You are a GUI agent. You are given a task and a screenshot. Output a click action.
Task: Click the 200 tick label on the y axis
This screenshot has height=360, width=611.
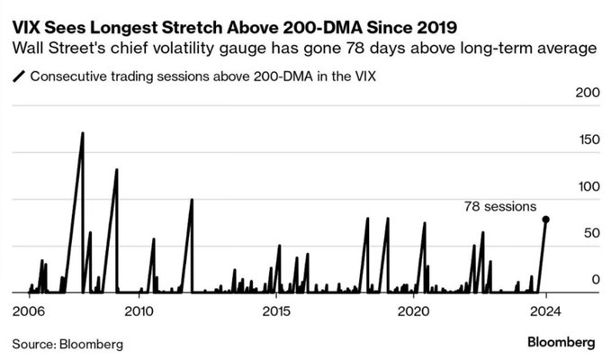pyautogui.click(x=585, y=94)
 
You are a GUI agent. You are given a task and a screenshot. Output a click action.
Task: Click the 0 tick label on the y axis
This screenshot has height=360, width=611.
pyautogui.click(x=593, y=280)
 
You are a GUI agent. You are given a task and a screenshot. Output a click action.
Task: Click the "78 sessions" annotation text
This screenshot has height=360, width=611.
pyautogui.click(x=499, y=206)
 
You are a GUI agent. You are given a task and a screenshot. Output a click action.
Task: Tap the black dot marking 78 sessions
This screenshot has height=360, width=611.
pyautogui.click(x=546, y=220)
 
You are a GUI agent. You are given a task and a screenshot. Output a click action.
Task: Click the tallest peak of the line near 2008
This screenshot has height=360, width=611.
pyautogui.click(x=83, y=133)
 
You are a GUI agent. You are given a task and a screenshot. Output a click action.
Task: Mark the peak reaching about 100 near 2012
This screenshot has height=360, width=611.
pyautogui.click(x=192, y=200)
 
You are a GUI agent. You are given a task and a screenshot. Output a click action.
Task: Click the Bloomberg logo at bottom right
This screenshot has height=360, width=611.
pyautogui.click(x=561, y=343)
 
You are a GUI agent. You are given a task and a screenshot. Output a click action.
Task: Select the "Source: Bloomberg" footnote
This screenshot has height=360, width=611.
pyautogui.click(x=68, y=344)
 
